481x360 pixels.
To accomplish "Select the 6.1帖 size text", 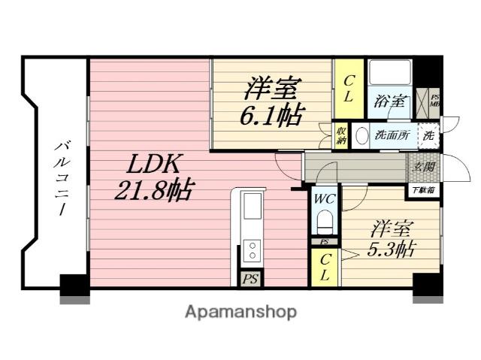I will coord(272,116).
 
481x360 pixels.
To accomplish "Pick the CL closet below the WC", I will coord(325,267).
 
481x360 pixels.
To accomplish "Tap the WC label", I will coord(325,199).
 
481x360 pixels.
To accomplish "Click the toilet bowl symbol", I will coord(325,223).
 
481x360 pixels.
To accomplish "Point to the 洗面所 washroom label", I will coord(391,137).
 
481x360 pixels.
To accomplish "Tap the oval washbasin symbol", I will coord(362,137).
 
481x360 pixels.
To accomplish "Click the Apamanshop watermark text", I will coord(240,311).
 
